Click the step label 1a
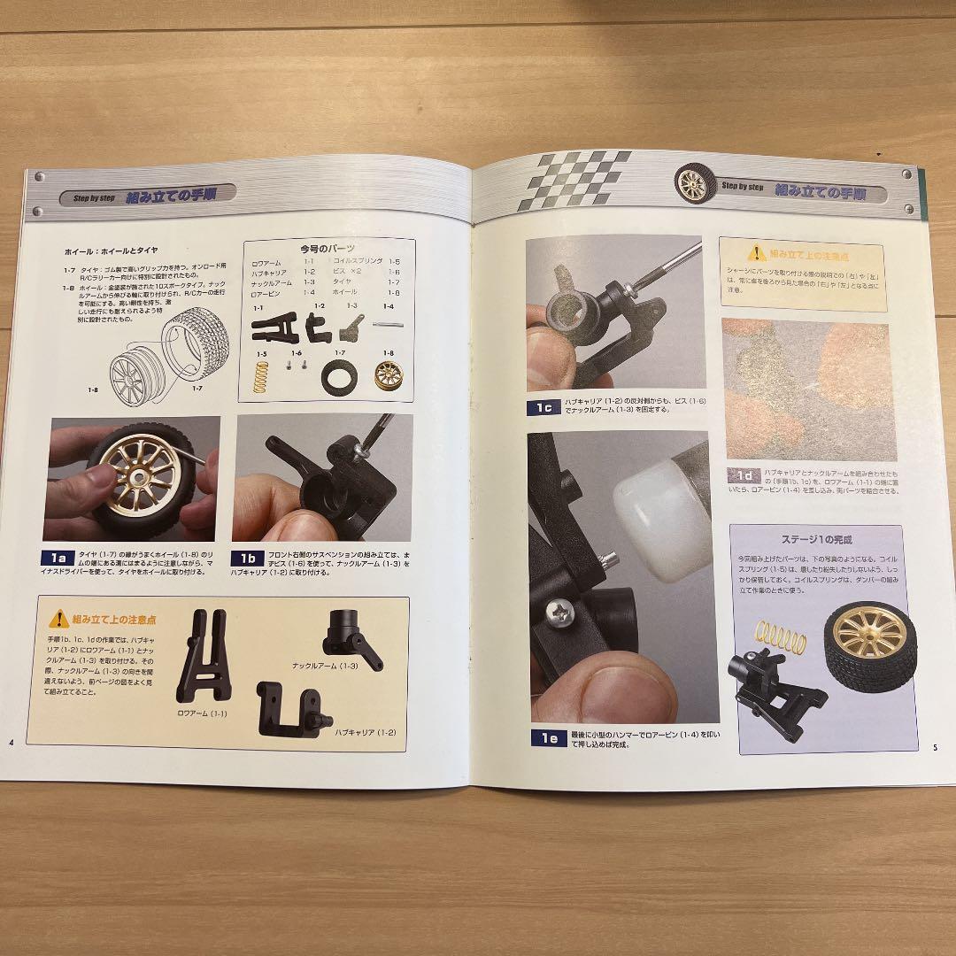coord(59,559)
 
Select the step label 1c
coord(543,408)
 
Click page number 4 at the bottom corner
coord(12,741)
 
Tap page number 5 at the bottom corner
coord(935,747)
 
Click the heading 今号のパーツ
coord(327,250)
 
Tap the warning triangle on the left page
coord(59,619)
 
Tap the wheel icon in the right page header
coord(693,183)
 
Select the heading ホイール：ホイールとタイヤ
coord(123,252)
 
